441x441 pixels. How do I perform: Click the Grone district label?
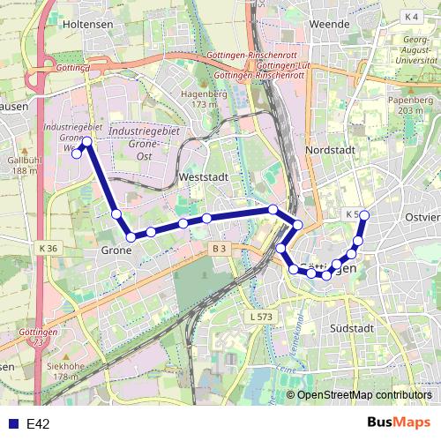click(116, 250)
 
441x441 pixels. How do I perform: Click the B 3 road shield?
click(220, 250)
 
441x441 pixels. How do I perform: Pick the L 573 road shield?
click(261, 316)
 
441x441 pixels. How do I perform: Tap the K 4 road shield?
click(412, 17)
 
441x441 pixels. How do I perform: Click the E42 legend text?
click(38, 424)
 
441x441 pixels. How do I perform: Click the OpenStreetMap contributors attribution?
click(363, 395)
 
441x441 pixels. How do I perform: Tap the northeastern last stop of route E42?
click(364, 215)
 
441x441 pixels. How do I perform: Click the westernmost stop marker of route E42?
click(77, 153)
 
